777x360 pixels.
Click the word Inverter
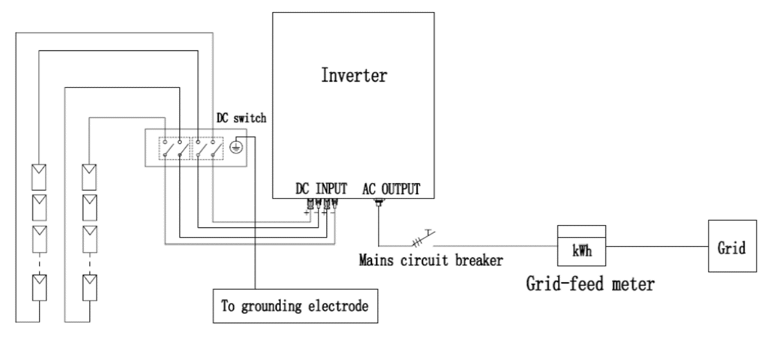tap(354, 76)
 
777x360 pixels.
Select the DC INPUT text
tap(322, 189)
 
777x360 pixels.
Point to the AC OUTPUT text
tap(391, 189)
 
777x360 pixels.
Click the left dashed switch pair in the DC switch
tap(174, 148)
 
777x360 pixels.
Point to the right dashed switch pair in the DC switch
tap(207, 148)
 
